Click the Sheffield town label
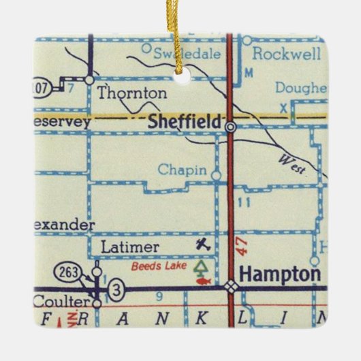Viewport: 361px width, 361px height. pos(185,122)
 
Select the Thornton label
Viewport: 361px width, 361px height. pos(131,93)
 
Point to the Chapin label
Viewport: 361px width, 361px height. pos(182,170)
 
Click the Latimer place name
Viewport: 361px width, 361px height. pos(129,247)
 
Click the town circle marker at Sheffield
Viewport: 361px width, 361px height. pos(231,126)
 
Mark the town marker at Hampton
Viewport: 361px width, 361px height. pos(232,287)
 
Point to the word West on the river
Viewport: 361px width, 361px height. pos(292,163)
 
